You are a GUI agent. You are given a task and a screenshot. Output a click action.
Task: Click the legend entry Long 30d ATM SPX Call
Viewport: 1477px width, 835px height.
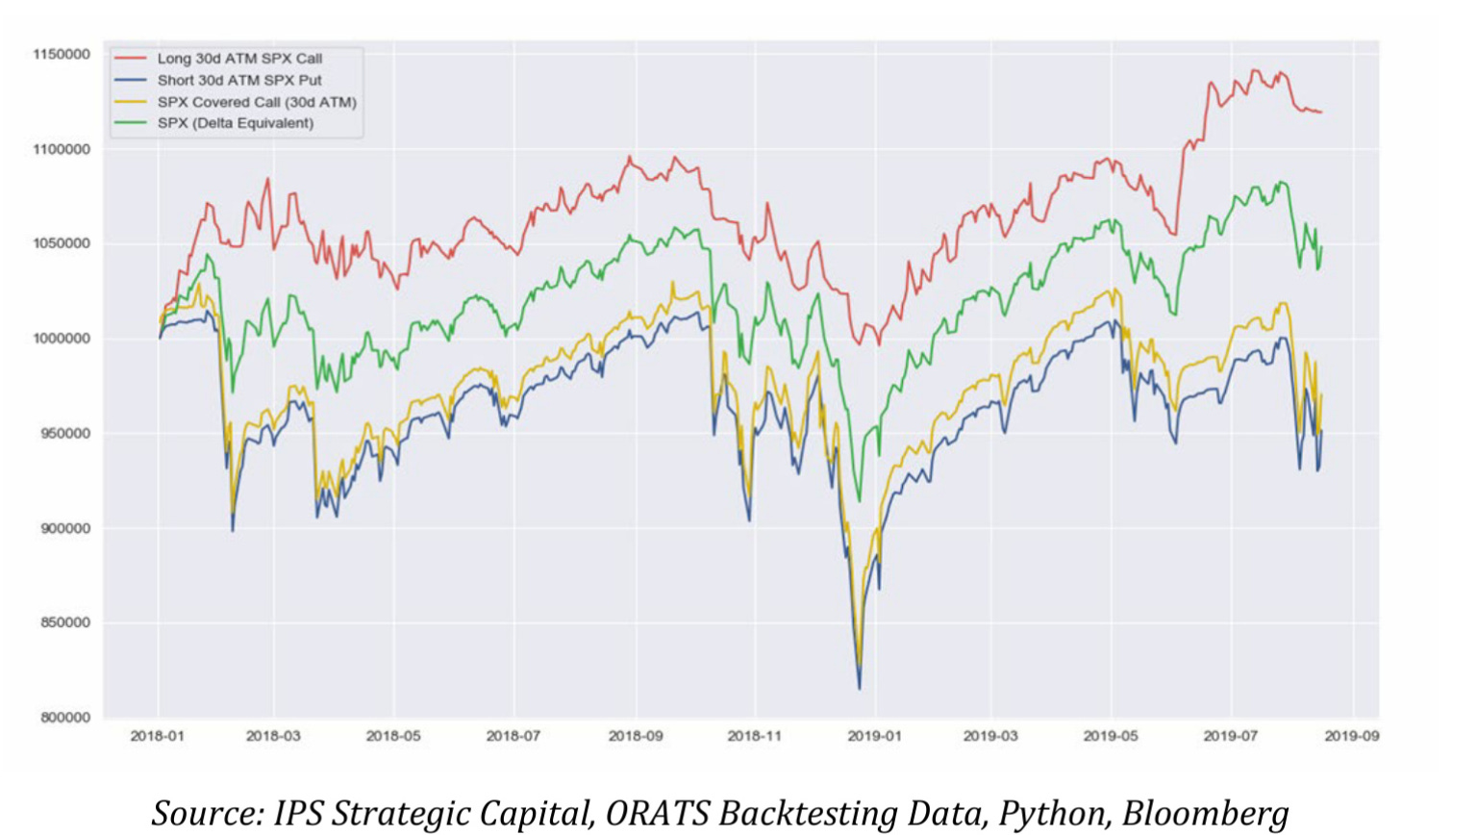[x=239, y=59]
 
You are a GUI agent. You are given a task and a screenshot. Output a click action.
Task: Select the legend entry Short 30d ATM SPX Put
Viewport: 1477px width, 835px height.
[x=239, y=81]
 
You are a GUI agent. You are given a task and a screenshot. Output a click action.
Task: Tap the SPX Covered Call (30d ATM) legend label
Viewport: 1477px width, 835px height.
[x=257, y=102]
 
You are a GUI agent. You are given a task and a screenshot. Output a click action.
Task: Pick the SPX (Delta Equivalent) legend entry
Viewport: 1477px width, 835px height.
[x=236, y=123]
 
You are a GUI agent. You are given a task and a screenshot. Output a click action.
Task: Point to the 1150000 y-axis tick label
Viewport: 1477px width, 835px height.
[x=62, y=55]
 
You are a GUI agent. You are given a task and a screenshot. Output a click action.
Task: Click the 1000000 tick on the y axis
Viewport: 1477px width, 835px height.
[x=62, y=339]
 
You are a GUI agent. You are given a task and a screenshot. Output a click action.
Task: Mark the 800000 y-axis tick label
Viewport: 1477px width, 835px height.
[x=65, y=718]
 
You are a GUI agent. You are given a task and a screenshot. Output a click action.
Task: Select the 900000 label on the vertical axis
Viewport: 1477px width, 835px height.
[x=65, y=528]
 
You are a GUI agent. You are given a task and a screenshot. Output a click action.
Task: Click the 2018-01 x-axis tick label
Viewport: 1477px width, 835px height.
[x=158, y=737]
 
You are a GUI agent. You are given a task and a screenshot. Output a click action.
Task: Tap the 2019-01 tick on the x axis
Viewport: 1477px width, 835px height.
[x=874, y=737]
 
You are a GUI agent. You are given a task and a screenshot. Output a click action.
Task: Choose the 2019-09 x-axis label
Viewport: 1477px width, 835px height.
[x=1351, y=737]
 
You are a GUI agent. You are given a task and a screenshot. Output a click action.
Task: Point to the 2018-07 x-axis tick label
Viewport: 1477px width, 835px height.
[x=513, y=737]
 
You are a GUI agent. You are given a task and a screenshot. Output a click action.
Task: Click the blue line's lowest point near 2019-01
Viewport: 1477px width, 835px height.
[x=859, y=688]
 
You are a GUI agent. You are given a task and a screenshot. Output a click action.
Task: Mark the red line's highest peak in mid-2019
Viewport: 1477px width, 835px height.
[x=1254, y=70]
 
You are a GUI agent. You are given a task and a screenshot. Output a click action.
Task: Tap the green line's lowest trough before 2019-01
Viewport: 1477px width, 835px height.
[x=859, y=500]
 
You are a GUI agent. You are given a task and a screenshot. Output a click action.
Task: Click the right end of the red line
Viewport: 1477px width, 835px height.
[x=1321, y=113]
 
